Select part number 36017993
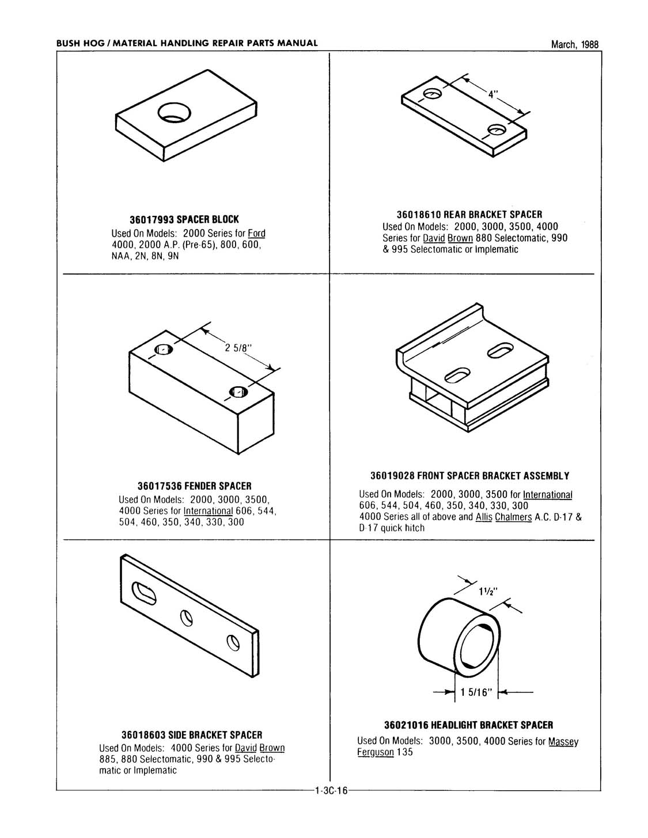pos(151,220)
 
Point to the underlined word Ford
pos(256,234)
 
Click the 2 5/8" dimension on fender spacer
pos(237,348)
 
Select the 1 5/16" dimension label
pos(474,693)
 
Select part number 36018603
pos(143,736)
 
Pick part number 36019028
pos(392,476)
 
